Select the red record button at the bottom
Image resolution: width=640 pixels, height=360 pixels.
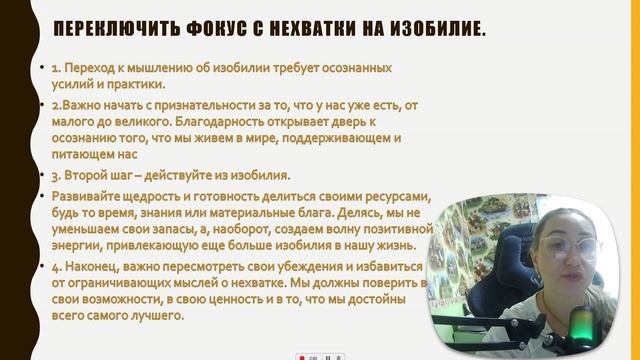[299, 355]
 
